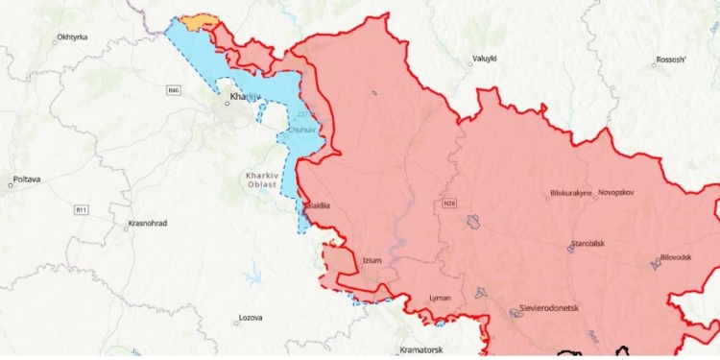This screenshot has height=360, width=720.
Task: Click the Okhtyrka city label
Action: [72, 36]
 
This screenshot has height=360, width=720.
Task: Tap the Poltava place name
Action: [26, 179]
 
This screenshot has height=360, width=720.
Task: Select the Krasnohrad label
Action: [147, 224]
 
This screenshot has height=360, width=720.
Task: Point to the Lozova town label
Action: [250, 319]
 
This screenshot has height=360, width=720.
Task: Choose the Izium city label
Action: [372, 261]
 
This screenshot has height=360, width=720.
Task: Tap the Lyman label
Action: [440, 298]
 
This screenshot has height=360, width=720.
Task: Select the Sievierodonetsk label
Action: [550, 309]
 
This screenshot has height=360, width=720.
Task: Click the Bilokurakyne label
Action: [571, 193]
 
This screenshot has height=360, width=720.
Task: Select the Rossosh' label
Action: [671, 60]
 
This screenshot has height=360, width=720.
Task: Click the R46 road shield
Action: [173, 90]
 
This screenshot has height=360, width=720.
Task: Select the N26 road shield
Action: [448, 204]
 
